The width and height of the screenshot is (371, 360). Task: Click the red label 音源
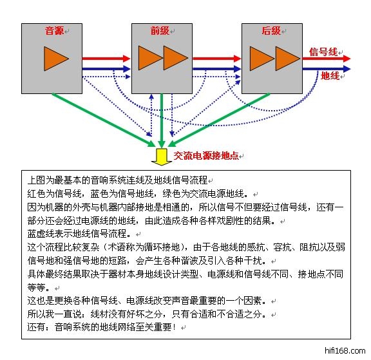tap(54, 31)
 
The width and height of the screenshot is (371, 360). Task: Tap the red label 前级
tap(160, 31)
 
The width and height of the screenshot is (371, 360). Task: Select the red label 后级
tap(271, 31)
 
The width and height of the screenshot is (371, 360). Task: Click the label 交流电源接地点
tap(206, 156)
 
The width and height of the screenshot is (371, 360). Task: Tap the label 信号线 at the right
tap(323, 52)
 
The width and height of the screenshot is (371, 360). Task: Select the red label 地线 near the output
tap(330, 76)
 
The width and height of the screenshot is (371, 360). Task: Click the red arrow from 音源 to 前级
tap(106, 59)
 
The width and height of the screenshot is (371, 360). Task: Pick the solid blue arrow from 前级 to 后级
tap(216, 69)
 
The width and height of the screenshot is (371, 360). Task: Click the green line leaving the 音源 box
tap(104, 120)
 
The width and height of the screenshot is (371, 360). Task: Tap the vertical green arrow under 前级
tap(162, 121)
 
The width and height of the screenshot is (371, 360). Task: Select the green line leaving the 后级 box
tap(218, 120)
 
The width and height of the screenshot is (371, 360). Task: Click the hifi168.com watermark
tap(345, 350)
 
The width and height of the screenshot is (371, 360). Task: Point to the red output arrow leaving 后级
tap(327, 59)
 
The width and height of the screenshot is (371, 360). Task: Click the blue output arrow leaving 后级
tap(327, 69)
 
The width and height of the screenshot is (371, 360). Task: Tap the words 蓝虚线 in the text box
tap(41, 234)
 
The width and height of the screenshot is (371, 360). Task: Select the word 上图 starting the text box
tap(36, 180)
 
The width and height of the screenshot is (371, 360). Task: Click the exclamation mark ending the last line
tap(175, 327)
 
